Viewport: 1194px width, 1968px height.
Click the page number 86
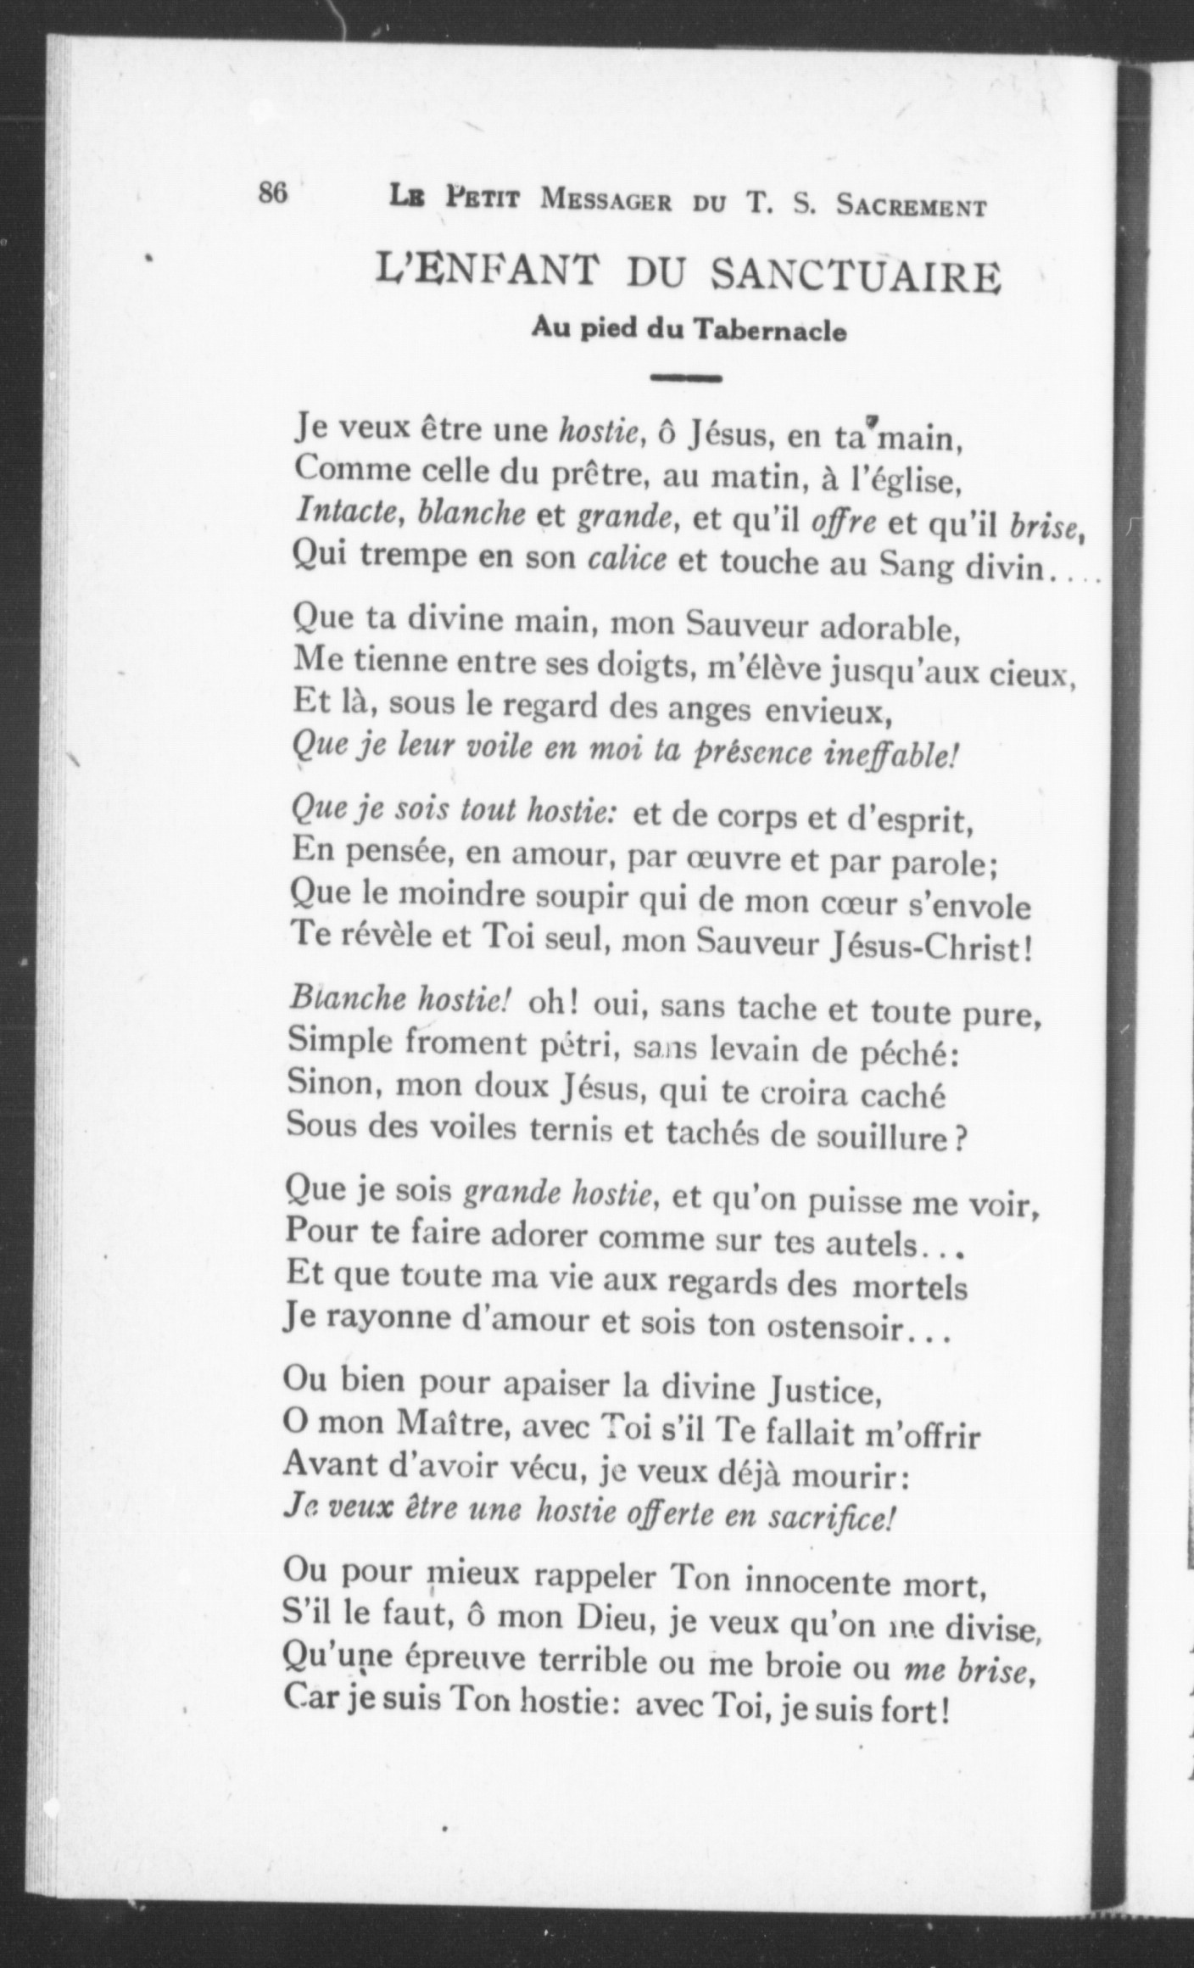tap(273, 194)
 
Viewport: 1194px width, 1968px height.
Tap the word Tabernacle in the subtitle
tap(770, 330)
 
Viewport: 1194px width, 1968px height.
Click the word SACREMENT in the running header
tap(911, 205)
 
